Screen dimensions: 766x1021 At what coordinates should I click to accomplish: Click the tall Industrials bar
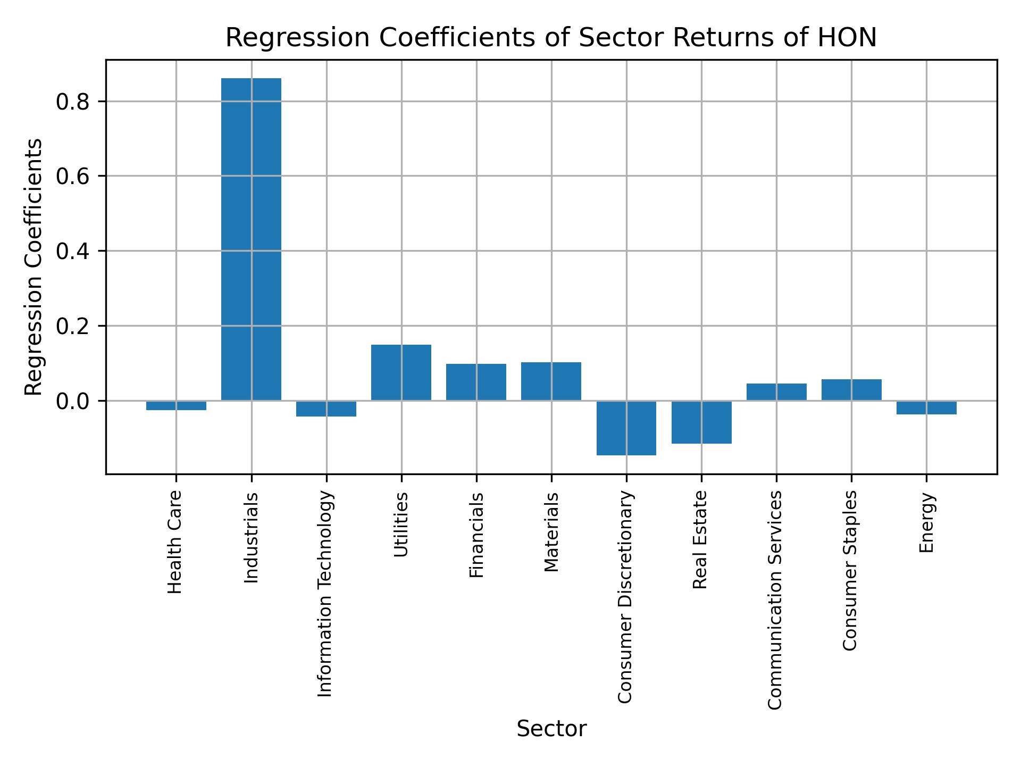point(251,239)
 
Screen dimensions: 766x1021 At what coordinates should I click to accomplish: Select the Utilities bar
point(401,372)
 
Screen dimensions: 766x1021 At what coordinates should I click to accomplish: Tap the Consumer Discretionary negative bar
point(626,428)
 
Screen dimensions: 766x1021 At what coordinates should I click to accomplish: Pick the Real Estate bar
point(701,422)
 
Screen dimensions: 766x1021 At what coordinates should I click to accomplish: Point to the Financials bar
point(476,382)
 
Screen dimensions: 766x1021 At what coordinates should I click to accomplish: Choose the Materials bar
point(551,381)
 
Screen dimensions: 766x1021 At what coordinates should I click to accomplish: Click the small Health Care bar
point(176,405)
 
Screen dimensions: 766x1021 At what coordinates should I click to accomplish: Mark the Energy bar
point(926,407)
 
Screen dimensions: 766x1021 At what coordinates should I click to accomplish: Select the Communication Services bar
point(776,392)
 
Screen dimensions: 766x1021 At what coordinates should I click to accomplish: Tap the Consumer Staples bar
point(851,390)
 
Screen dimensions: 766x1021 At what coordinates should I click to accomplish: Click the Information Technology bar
point(326,409)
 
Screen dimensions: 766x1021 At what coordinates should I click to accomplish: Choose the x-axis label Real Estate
point(700,540)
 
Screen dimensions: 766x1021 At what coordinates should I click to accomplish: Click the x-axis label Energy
point(926,523)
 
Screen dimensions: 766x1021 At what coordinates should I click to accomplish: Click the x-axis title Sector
point(551,729)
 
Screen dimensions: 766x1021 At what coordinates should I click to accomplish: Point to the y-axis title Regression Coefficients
point(34,267)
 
